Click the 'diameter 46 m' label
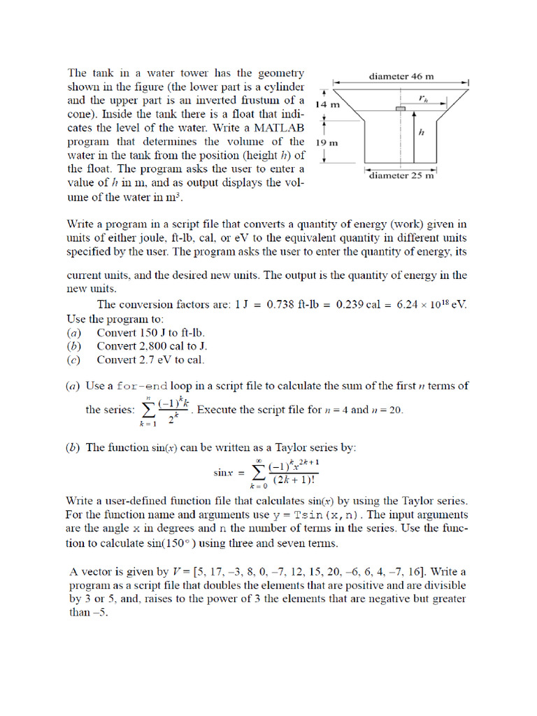tap(401, 76)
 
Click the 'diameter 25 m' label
tap(401, 176)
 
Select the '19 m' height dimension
tap(327, 142)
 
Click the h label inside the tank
tap(421, 131)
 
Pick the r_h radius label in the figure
tap(423, 99)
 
